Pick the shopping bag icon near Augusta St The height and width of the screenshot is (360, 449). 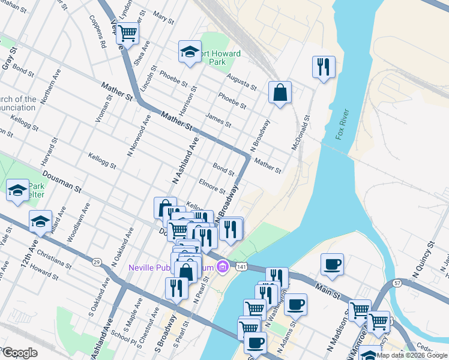280,92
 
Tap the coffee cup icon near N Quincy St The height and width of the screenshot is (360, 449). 332,264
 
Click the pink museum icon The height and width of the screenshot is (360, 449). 222,265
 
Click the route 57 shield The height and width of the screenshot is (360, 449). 397,283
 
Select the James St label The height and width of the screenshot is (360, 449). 218,120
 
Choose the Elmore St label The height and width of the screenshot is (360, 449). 211,187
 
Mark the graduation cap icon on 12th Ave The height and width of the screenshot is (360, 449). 40,221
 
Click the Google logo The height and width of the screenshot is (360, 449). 20,353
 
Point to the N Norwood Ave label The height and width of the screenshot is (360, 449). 138,136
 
